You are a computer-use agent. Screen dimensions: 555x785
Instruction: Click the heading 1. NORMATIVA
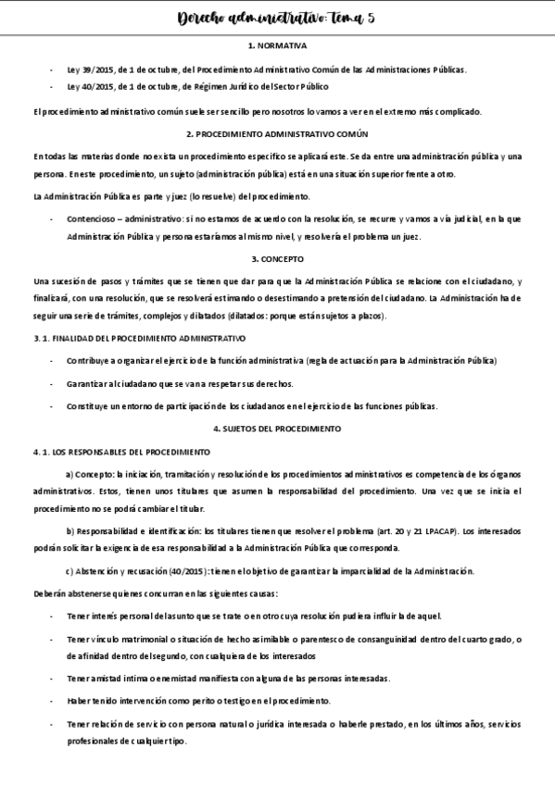(277, 44)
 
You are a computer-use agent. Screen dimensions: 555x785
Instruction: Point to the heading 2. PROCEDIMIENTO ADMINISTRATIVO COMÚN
(277, 133)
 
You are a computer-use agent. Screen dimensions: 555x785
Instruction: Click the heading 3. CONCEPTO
(277, 259)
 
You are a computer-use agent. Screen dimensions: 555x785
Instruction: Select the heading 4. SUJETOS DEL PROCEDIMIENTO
(277, 429)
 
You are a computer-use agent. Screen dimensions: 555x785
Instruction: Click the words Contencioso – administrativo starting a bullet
(117, 218)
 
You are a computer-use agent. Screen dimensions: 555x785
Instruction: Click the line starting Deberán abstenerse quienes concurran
(148, 593)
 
